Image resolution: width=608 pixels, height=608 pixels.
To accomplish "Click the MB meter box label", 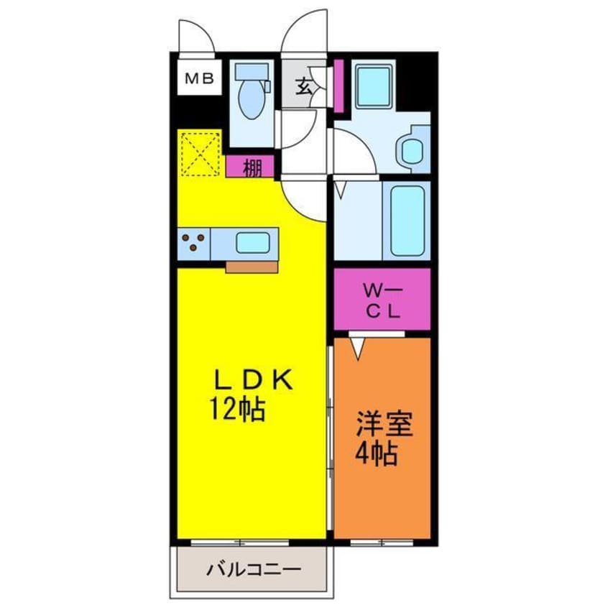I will point(199,79).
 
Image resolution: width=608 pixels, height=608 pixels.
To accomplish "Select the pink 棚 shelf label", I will point(250,168).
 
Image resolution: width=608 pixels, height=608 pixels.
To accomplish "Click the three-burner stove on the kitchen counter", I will point(193,242).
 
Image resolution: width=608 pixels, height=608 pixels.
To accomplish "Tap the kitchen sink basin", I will point(252,242).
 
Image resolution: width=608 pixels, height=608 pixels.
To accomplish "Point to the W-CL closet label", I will point(382,301).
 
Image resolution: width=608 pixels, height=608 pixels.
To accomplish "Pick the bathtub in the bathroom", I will point(407,221).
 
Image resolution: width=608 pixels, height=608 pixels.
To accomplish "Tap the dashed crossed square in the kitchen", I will point(199,152).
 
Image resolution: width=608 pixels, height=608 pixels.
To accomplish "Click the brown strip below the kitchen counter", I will point(252,267).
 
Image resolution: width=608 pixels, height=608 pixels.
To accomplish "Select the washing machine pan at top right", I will point(374,88).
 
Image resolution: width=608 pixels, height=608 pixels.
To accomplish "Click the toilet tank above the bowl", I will point(252,73).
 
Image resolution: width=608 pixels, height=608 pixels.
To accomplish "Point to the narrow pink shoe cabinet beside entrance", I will point(338,86).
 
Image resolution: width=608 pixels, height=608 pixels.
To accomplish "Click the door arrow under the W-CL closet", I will point(359,346).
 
